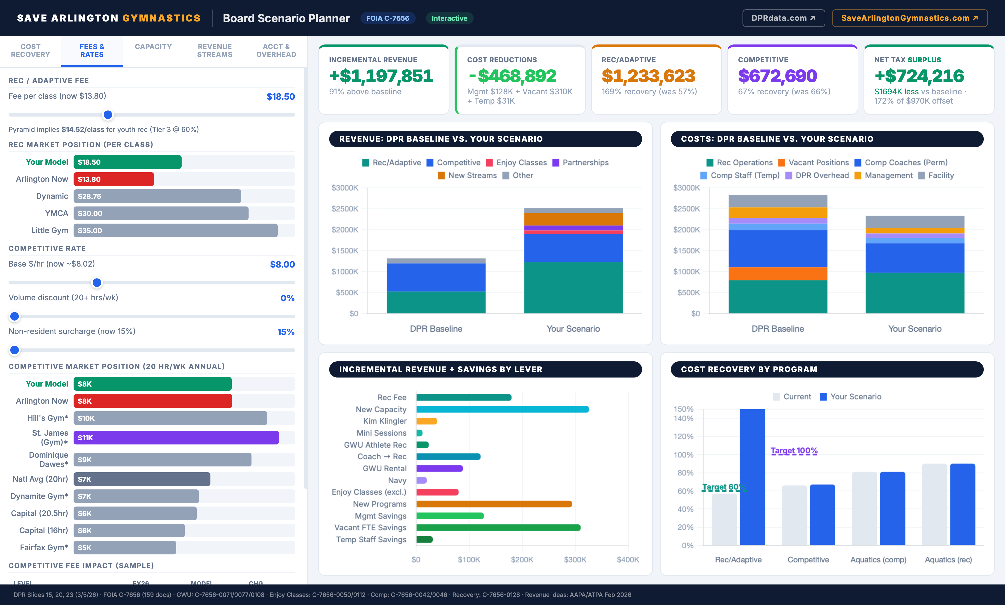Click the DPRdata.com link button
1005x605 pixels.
(783, 18)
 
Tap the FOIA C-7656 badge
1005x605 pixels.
(387, 18)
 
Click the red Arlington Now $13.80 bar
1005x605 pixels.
(113, 179)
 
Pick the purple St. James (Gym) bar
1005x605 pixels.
(176, 437)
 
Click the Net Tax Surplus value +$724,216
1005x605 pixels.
(919, 76)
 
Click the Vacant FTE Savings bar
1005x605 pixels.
(498, 528)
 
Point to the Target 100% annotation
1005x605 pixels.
(793, 451)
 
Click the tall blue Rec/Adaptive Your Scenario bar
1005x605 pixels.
(752, 477)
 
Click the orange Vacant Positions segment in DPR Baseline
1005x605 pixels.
(777, 274)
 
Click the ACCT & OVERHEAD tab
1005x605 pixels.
(276, 51)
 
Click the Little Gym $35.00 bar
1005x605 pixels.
(175, 230)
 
